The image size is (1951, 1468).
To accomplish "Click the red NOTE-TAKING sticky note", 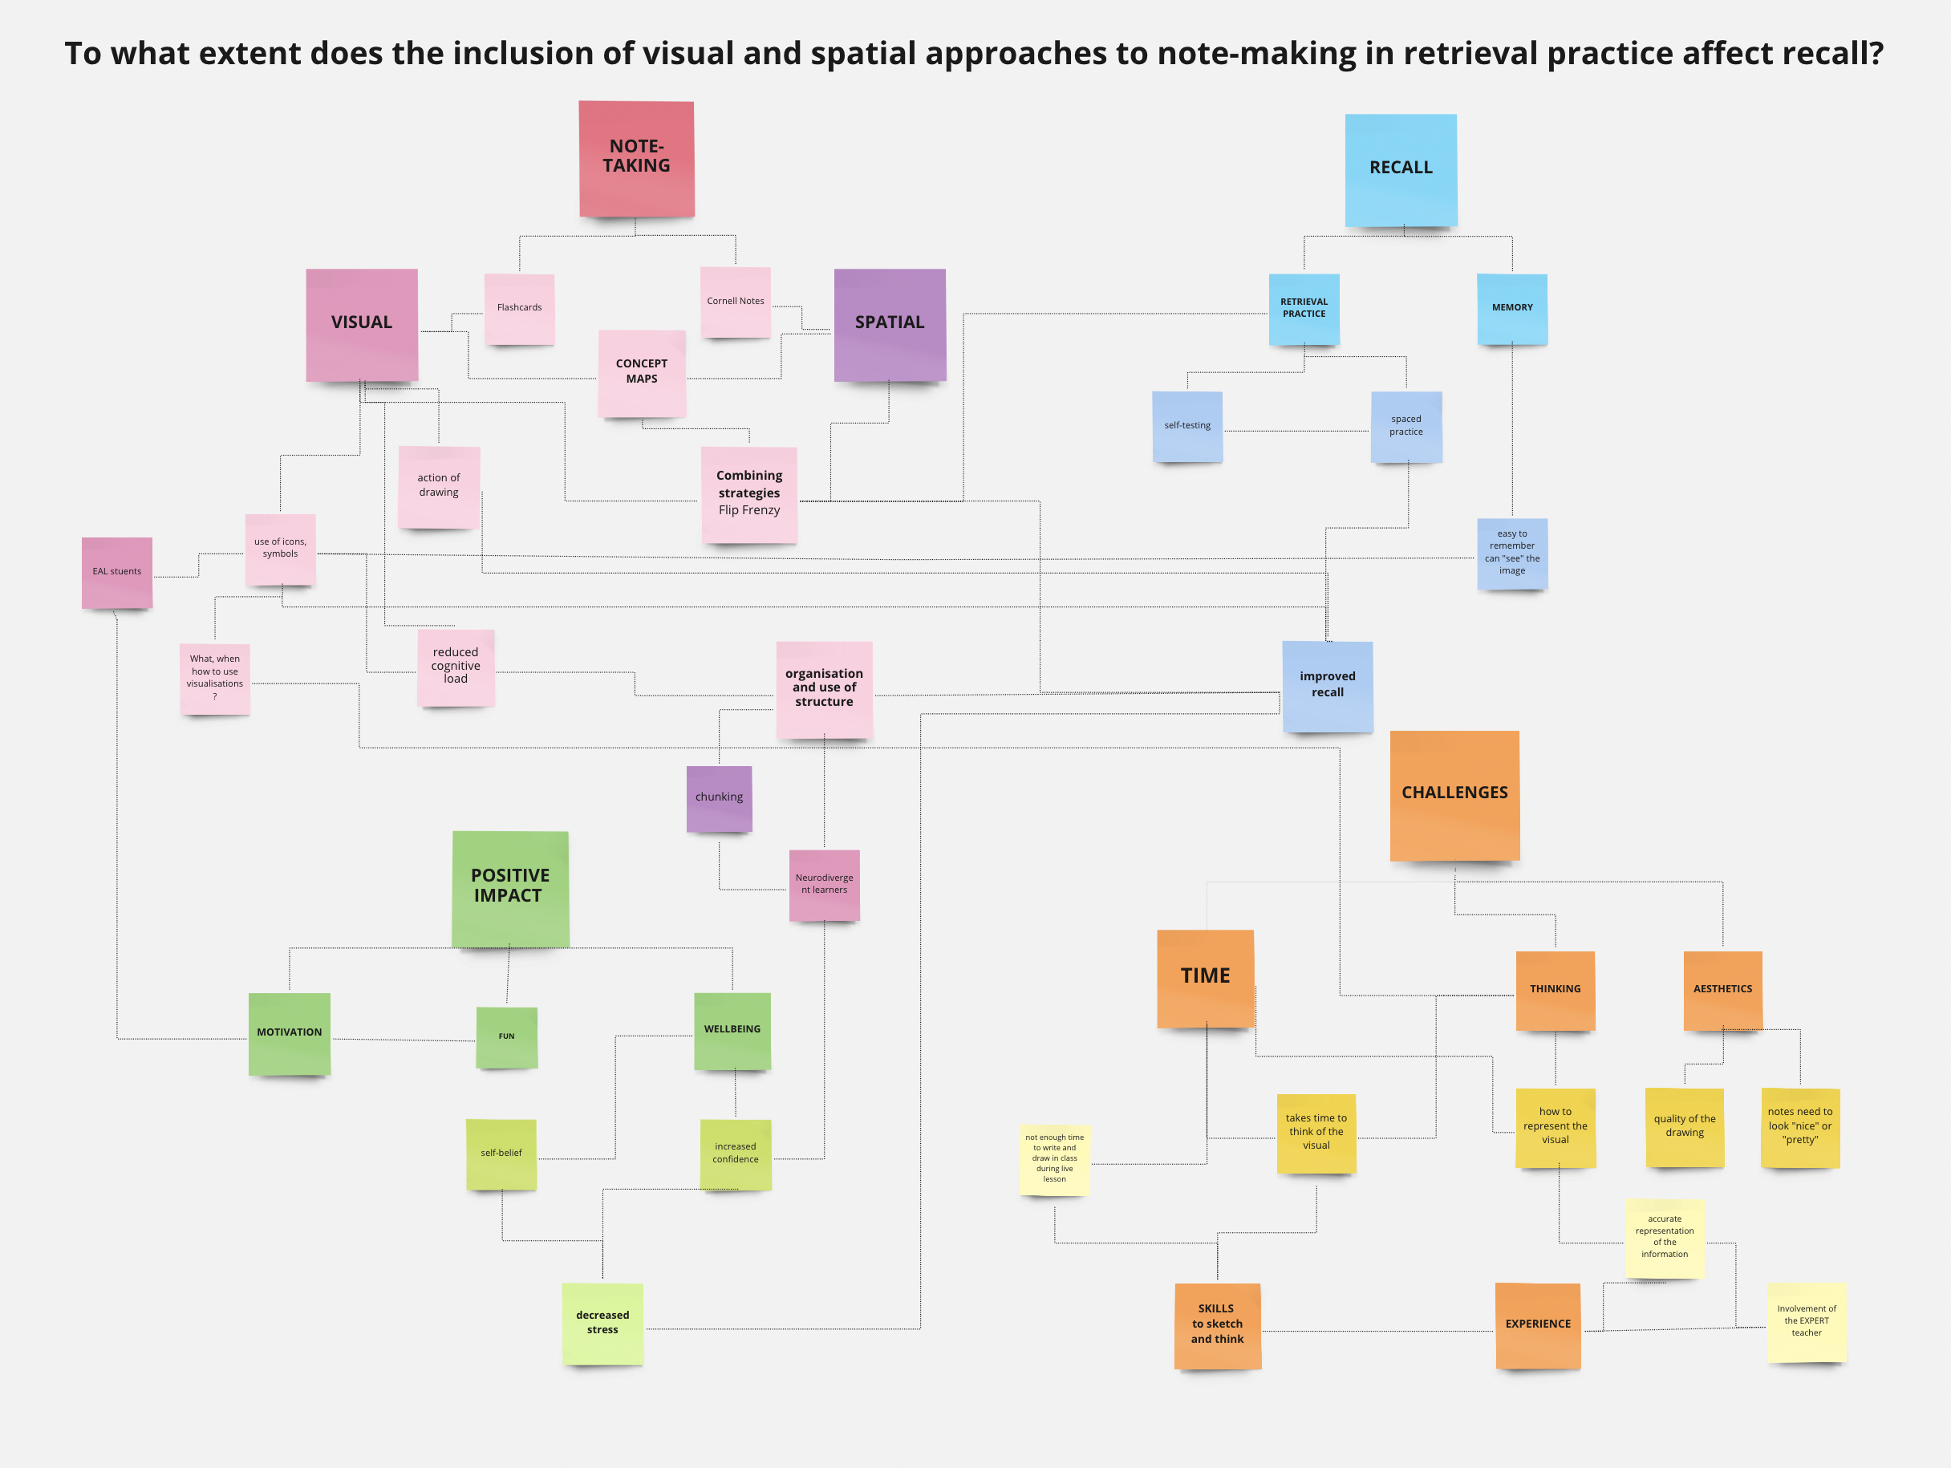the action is (636, 158).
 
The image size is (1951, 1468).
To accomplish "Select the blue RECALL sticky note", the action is (1401, 169).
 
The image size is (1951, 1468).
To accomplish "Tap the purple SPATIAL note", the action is (889, 324).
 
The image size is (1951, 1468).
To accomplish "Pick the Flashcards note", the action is (520, 309).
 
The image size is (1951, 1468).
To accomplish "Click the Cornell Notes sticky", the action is (736, 302).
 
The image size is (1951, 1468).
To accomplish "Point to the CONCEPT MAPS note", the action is (641, 372).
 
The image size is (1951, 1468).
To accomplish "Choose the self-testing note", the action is (1187, 426).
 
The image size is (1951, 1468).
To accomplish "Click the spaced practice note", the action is (1406, 426).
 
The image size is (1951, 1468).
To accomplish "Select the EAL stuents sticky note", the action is (117, 572).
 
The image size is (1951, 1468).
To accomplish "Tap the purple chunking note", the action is (719, 797).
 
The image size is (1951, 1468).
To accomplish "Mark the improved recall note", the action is (1328, 686).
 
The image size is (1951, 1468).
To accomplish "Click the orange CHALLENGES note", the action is (1454, 794).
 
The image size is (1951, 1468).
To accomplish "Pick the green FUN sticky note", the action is (506, 1036).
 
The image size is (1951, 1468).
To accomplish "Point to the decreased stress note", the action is (602, 1323).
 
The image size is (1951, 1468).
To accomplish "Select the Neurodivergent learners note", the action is (824, 884).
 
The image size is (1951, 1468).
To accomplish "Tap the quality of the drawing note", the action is (1684, 1126).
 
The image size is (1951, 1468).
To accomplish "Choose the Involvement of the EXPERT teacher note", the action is (1806, 1320).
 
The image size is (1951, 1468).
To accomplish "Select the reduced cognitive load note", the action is (455, 667).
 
